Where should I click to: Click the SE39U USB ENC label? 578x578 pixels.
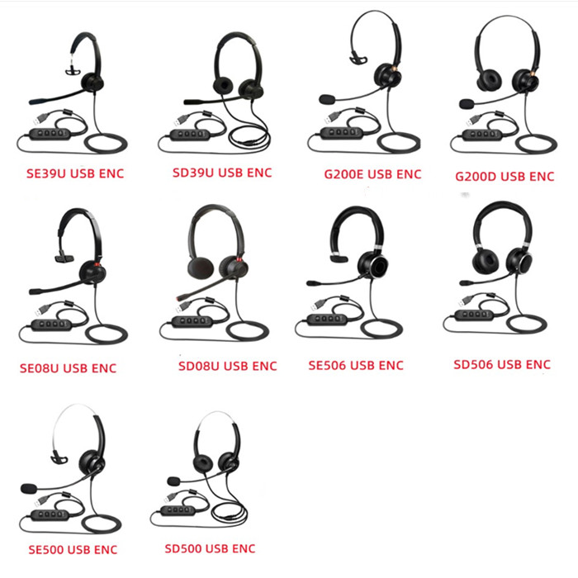75,173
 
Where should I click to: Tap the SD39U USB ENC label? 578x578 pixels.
222,173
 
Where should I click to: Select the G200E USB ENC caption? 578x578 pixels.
372,174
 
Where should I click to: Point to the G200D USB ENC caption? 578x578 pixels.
505,177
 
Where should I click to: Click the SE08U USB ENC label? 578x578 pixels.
69,368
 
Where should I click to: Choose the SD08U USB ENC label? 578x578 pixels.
227,366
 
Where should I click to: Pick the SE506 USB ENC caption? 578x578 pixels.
356,365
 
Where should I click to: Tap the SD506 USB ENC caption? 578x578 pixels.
502,365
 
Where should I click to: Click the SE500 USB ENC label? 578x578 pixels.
73,550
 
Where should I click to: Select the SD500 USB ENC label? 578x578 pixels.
210,548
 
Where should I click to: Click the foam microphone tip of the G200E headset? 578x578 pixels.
327,100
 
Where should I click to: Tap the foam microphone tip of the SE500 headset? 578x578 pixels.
29,489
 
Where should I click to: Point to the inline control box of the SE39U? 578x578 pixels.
50,134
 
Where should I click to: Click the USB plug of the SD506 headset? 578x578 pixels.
466,301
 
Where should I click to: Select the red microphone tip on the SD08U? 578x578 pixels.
179,298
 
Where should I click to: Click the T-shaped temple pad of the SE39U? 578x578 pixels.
73,71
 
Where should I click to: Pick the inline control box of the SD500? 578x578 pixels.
178,510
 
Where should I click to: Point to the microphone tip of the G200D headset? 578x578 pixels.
467,103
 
